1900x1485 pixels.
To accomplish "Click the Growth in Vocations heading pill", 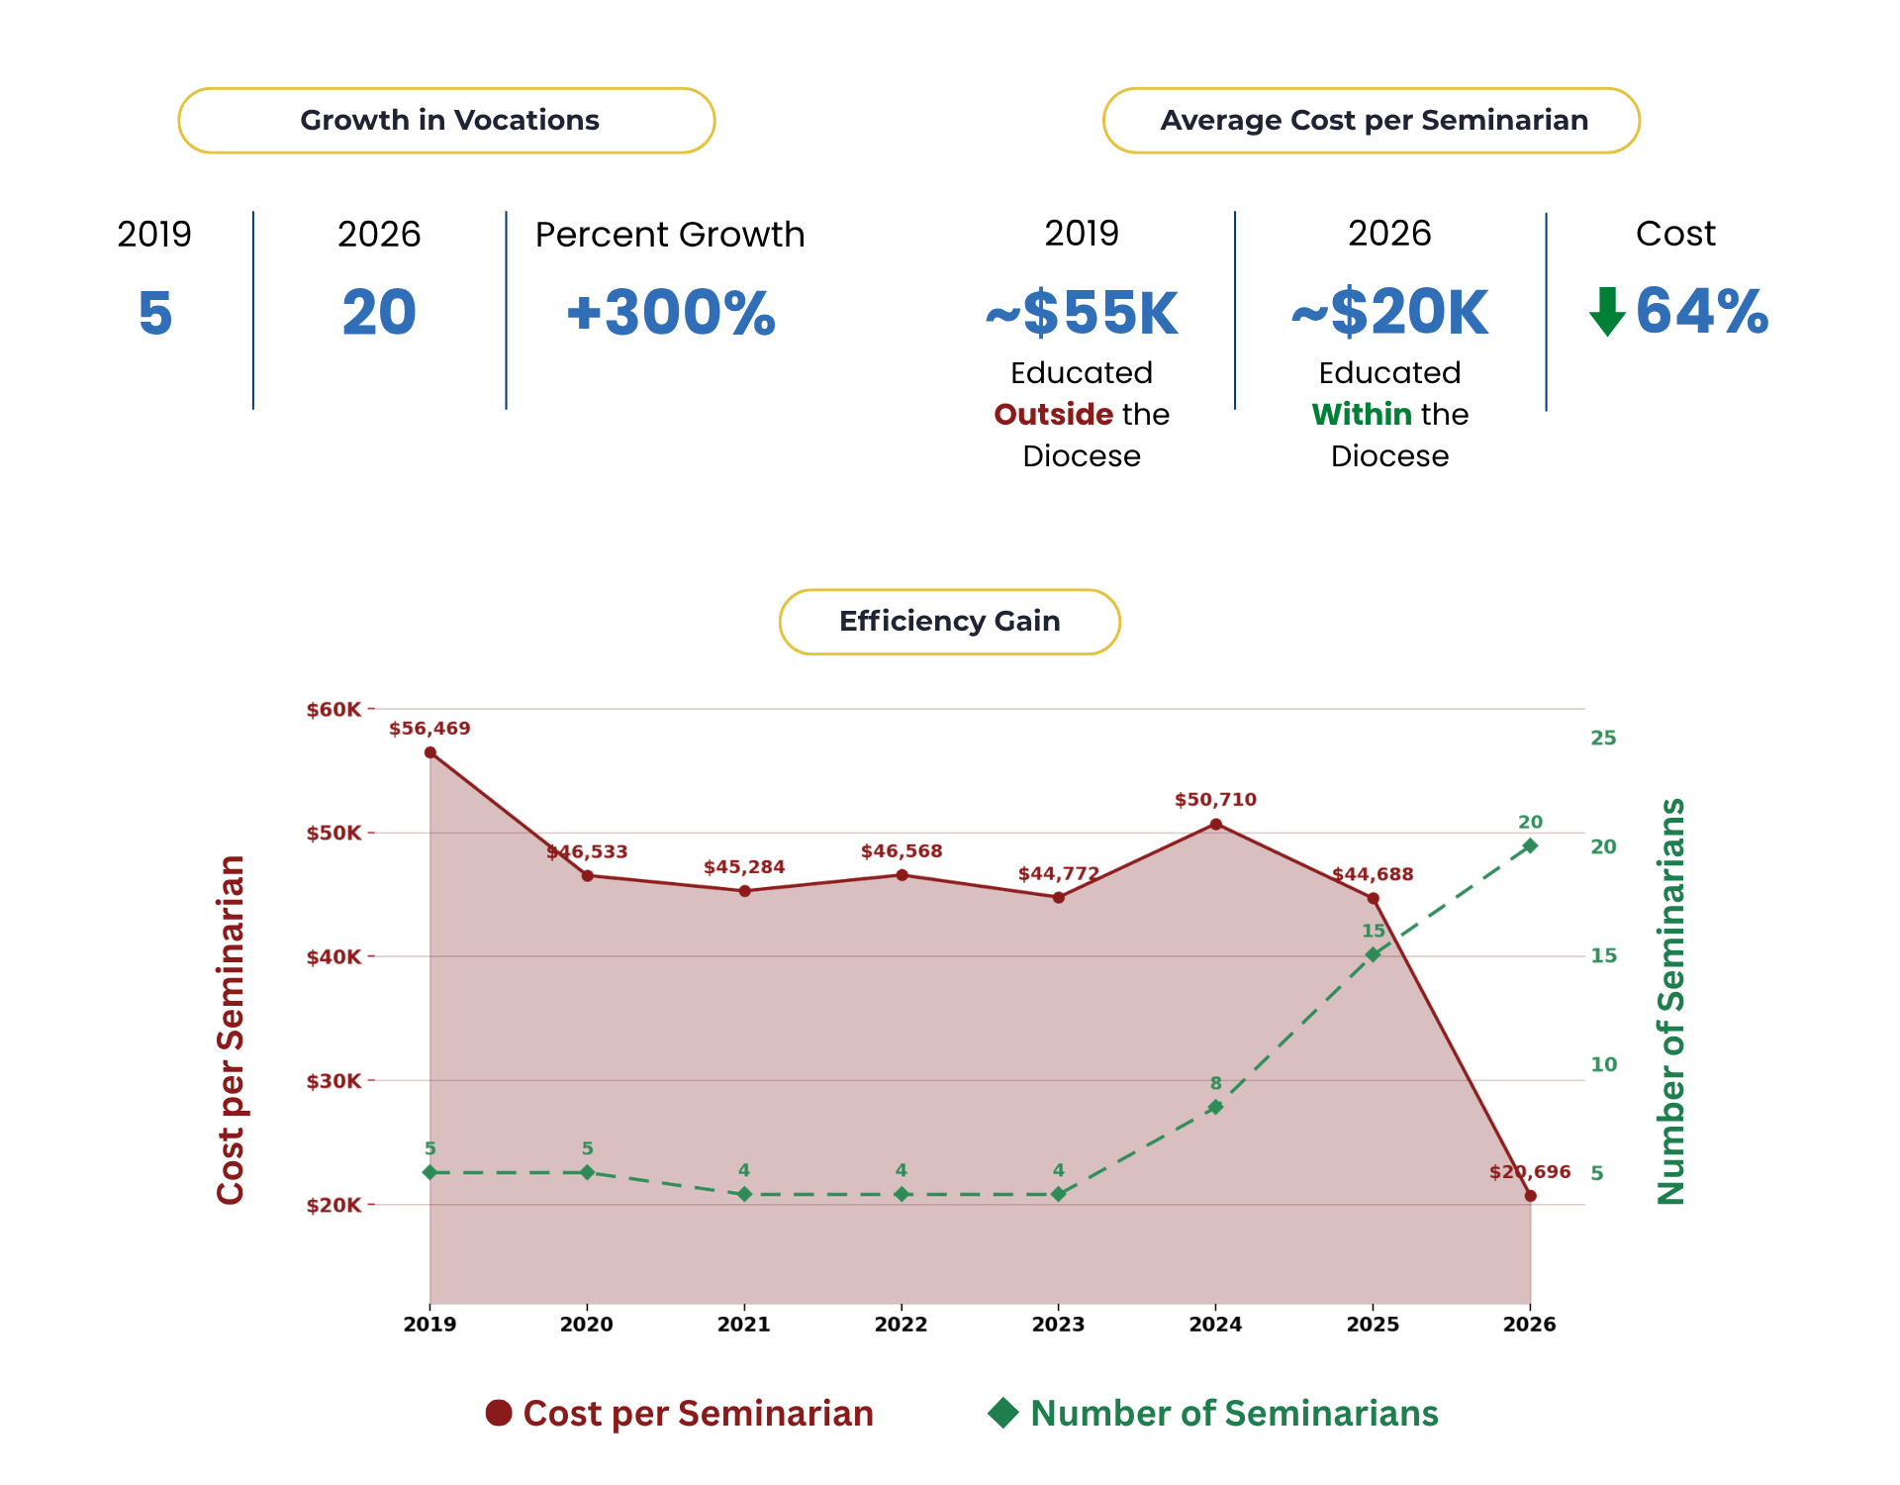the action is pyautogui.click(x=446, y=121).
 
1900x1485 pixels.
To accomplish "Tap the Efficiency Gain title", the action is pyautogui.click(x=950, y=622).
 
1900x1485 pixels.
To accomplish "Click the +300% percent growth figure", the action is pyautogui.click(x=671, y=313).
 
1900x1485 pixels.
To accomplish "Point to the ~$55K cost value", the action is pyautogui.click(x=1082, y=313).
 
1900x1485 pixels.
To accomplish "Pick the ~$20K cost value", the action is pyautogui.click(x=1390, y=313).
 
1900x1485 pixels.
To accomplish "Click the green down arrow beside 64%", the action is pyautogui.click(x=1607, y=312).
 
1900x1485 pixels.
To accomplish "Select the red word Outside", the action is pyautogui.click(x=1054, y=414).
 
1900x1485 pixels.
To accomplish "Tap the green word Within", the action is pyautogui.click(x=1362, y=414).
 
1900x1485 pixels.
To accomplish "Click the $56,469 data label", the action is pyautogui.click(x=429, y=729).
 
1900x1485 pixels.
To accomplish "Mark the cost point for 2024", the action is pyautogui.click(x=1216, y=824).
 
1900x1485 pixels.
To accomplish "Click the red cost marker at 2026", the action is pyautogui.click(x=1531, y=1196).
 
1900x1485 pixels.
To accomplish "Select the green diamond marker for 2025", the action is pyautogui.click(x=1373, y=954).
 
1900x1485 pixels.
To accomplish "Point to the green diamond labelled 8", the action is pyautogui.click(x=1216, y=1107).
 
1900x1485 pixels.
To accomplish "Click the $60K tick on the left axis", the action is pyautogui.click(x=334, y=710).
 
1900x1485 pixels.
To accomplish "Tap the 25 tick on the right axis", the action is pyautogui.click(x=1603, y=738).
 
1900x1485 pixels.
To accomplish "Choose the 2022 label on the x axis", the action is pyautogui.click(x=901, y=1325).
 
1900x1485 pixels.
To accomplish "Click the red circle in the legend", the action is pyautogui.click(x=499, y=1413).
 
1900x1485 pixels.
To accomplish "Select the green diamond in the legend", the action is pyautogui.click(x=1003, y=1413).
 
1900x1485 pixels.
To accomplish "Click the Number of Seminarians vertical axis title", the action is pyautogui.click(x=1670, y=1001).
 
